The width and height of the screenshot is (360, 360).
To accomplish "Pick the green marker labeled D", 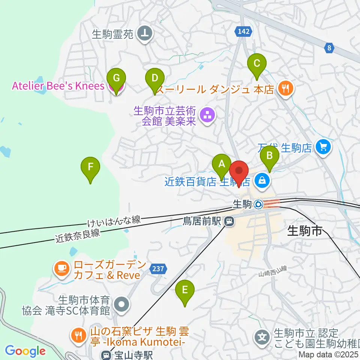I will (x=154, y=78).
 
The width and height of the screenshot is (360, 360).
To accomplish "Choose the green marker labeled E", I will (x=185, y=290).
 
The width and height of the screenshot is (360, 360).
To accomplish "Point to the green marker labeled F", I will (x=90, y=167).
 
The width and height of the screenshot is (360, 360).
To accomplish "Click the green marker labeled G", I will (x=116, y=79).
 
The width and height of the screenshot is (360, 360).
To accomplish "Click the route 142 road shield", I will (x=243, y=32).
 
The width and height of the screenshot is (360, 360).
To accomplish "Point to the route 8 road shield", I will (x=329, y=47).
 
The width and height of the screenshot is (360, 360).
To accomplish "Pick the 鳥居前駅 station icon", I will (x=229, y=222).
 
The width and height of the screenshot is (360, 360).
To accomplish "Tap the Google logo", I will (x=25, y=351).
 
